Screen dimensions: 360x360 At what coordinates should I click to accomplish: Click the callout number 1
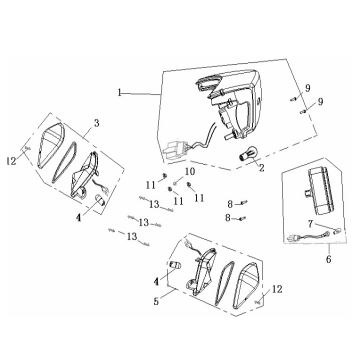point(120,92)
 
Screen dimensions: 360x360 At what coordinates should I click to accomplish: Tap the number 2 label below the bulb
point(262,168)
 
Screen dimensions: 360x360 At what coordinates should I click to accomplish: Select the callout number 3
point(97,123)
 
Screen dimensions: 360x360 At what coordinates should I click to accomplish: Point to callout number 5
point(156,301)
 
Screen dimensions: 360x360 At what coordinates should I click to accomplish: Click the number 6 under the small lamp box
point(329,259)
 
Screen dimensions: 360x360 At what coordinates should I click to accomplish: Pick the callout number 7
point(310,224)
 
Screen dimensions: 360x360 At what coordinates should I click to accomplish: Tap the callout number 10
point(189,172)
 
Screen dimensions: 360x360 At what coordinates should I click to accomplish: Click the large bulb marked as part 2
point(246,155)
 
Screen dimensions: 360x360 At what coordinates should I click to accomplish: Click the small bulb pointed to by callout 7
point(338,230)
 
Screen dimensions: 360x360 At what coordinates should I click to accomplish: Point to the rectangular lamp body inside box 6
point(318,191)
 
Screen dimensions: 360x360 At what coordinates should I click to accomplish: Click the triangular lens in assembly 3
point(49,146)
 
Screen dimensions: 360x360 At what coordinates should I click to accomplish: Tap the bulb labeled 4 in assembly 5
point(175,266)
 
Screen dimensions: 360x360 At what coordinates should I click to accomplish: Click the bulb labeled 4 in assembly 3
point(100,200)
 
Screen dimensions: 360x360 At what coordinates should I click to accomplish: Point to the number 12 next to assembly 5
point(277,289)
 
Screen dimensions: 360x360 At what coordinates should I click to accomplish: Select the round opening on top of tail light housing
point(208,83)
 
